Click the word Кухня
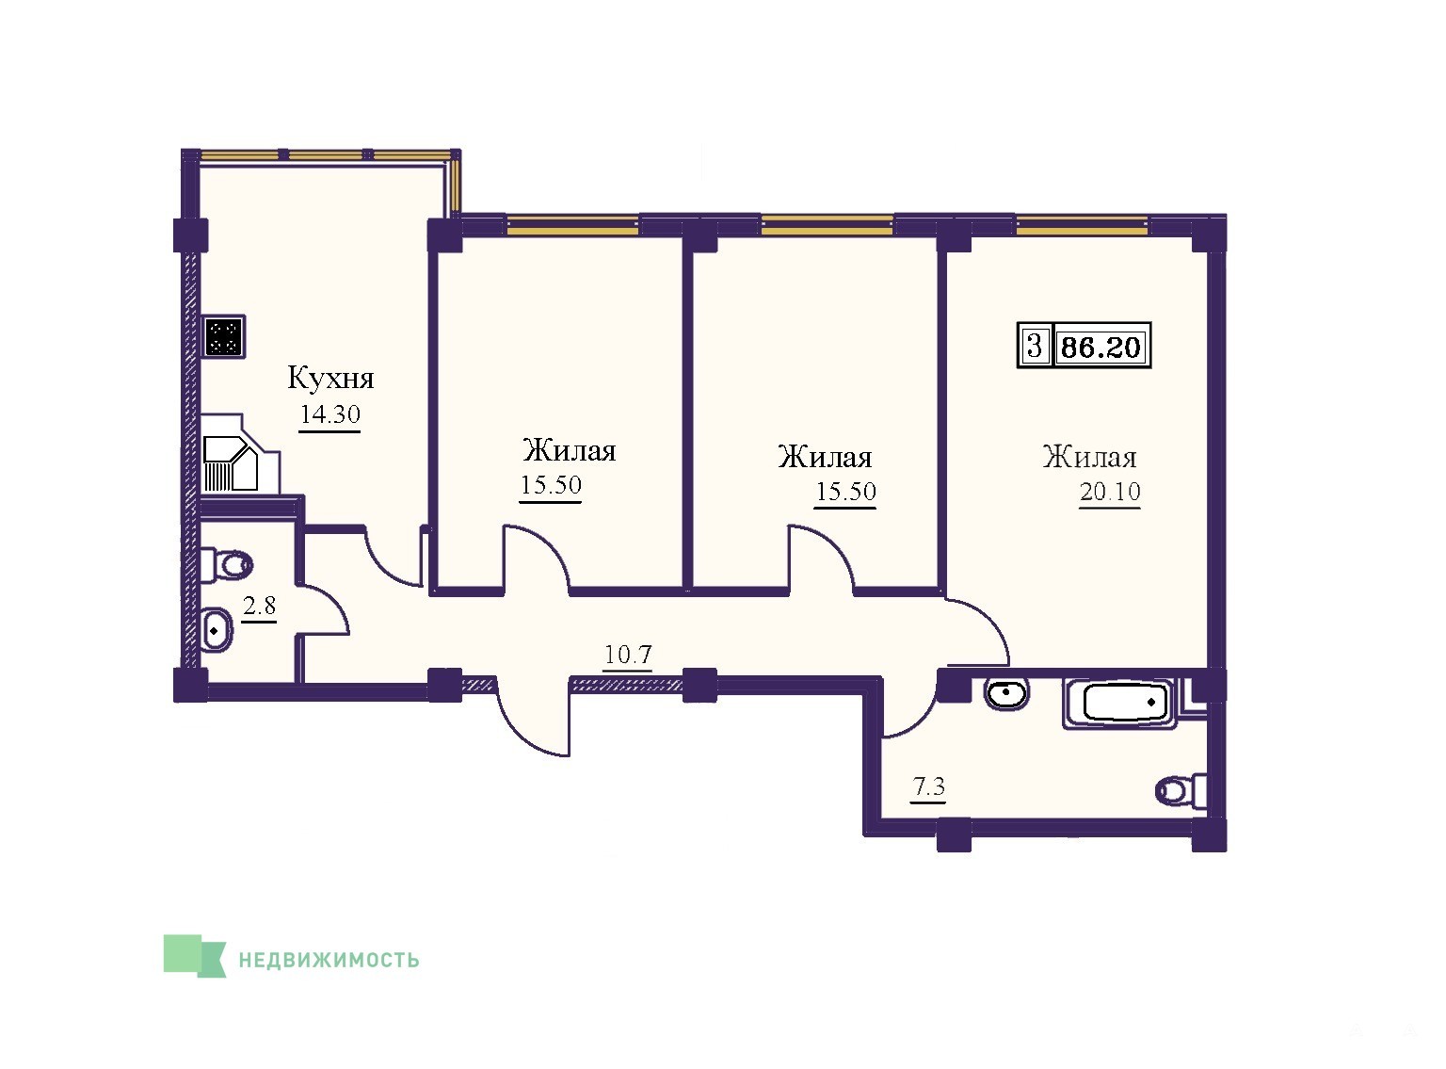[x=330, y=379]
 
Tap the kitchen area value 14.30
[x=329, y=414]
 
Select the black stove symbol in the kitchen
[x=224, y=336]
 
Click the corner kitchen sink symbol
[x=231, y=463]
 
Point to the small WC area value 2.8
[x=260, y=606]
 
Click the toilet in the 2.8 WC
[x=226, y=564]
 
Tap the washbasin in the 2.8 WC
[x=216, y=631]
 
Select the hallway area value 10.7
[x=628, y=655]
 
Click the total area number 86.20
[x=1101, y=347]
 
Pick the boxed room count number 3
[x=1034, y=345]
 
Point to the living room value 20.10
[x=1110, y=492]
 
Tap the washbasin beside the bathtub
[x=1007, y=692]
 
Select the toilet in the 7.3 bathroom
[x=1181, y=790]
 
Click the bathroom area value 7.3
[x=928, y=787]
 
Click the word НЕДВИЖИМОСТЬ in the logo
[x=329, y=960]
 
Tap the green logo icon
[x=194, y=956]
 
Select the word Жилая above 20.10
[x=1089, y=457]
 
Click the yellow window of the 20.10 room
[x=1082, y=225]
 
